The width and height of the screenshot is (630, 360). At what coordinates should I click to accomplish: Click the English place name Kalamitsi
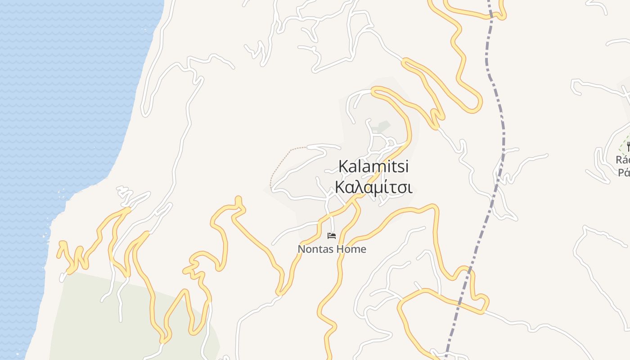373,166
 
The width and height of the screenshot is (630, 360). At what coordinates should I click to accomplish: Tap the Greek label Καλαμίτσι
373,187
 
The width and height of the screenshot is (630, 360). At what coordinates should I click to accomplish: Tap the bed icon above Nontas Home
332,235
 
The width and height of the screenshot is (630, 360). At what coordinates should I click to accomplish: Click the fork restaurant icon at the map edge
628,146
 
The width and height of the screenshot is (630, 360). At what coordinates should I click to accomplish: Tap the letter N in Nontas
301,249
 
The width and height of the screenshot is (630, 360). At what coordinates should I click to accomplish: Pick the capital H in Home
337,249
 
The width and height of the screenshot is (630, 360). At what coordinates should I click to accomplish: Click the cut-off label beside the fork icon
623,166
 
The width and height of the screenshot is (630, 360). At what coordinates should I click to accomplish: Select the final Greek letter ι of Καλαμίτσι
409,188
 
